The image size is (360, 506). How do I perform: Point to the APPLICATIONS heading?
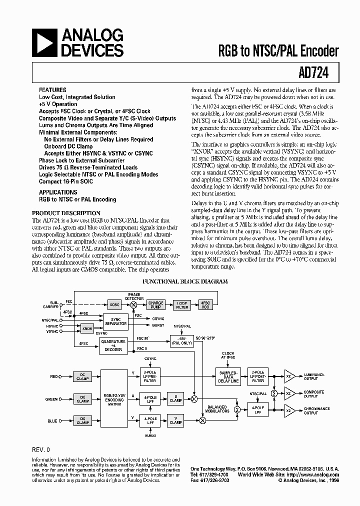[58, 192]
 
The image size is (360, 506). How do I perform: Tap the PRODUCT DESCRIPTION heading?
[66, 213]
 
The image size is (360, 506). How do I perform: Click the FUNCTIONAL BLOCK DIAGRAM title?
[185, 281]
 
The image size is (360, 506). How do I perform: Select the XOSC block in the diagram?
[114, 304]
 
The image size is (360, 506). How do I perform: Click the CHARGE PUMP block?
[156, 304]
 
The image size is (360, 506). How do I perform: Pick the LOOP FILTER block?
[182, 304]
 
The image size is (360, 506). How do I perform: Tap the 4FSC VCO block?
[205, 304]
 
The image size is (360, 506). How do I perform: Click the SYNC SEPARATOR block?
[116, 321]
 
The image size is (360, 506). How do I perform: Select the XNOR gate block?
[87, 328]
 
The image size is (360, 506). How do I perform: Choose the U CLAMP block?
[176, 398]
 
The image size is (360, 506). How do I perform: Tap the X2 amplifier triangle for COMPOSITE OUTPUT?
[289, 393]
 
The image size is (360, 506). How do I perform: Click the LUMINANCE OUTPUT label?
[314, 376]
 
